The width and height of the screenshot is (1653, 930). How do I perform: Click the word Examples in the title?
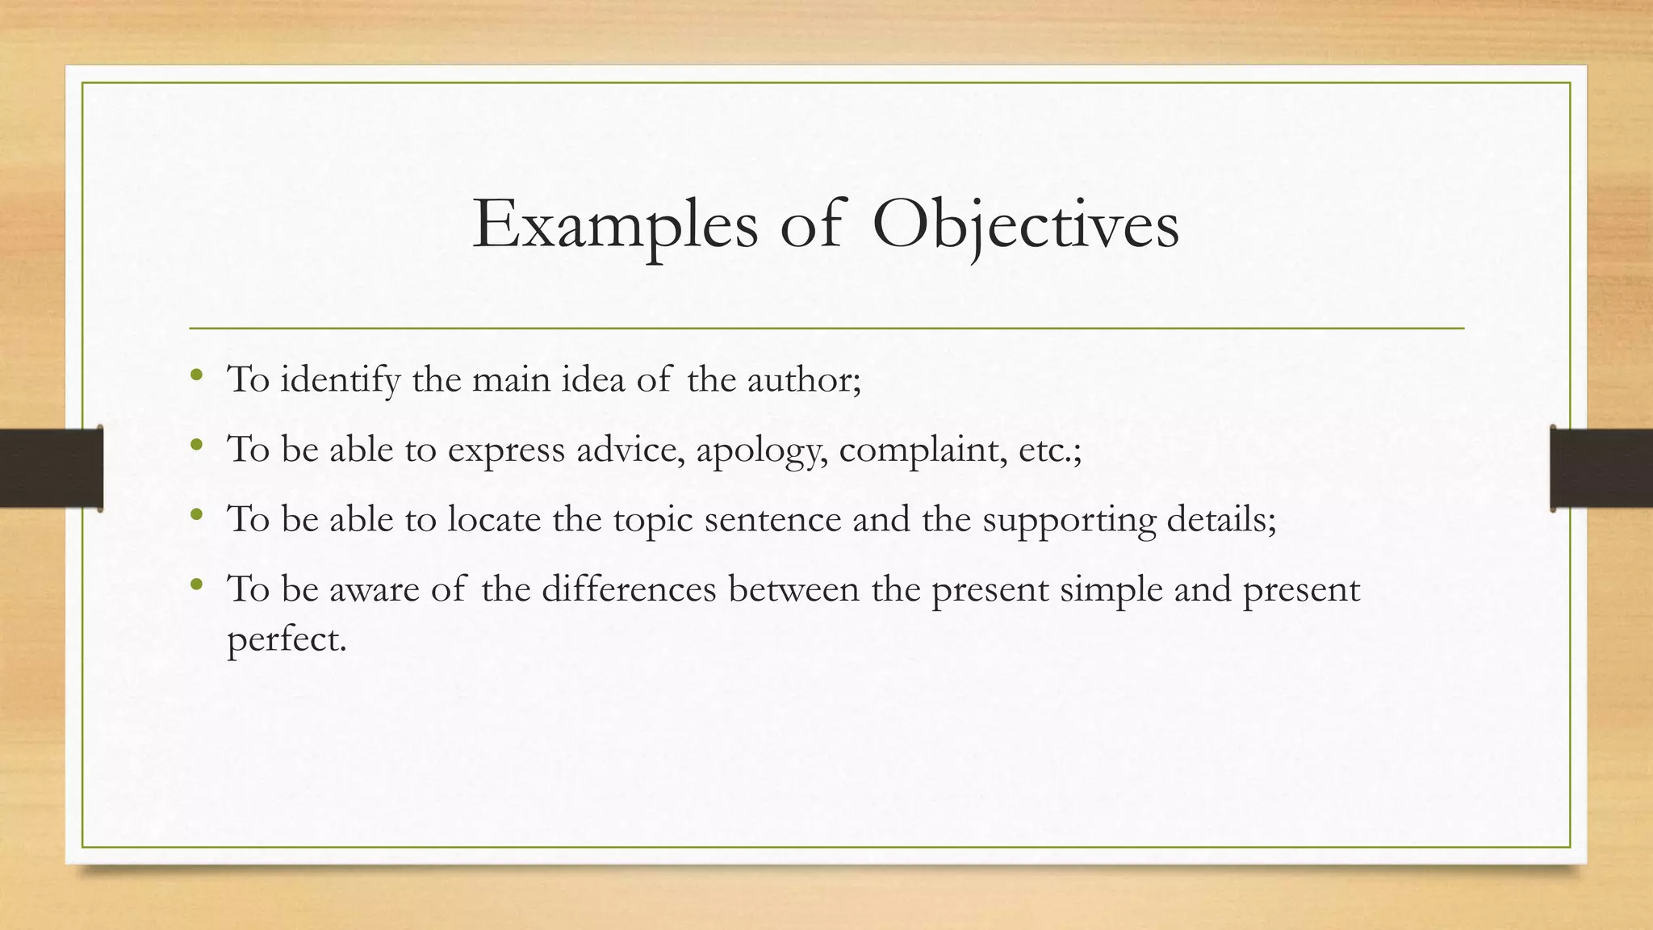pyautogui.click(x=615, y=224)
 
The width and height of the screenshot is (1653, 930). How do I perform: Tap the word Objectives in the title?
pyautogui.click(x=1025, y=224)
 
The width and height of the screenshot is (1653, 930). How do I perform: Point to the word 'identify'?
pyautogui.click(x=340, y=379)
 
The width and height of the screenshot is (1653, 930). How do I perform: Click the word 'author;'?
pyautogui.click(x=804, y=379)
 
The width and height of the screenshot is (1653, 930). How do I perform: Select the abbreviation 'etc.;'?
pyautogui.click(x=1049, y=450)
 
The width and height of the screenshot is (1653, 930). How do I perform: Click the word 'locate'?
pyautogui.click(x=494, y=519)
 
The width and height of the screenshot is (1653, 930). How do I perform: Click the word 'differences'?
pyautogui.click(x=629, y=589)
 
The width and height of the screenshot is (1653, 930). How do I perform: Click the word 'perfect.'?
pyautogui.click(x=287, y=640)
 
